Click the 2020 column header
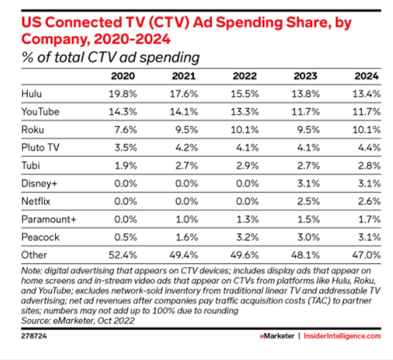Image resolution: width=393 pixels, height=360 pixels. click(x=123, y=76)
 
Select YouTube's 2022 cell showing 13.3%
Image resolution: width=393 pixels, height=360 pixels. click(x=246, y=112)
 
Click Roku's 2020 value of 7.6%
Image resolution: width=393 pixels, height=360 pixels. click(x=125, y=129)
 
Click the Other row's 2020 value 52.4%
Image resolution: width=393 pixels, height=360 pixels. click(x=122, y=255)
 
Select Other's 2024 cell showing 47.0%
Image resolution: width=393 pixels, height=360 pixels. click(x=368, y=255)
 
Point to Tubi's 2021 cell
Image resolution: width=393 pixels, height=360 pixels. click(x=186, y=165)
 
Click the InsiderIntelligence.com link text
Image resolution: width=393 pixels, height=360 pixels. click(x=348, y=337)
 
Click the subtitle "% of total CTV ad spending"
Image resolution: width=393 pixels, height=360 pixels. click(x=110, y=58)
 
